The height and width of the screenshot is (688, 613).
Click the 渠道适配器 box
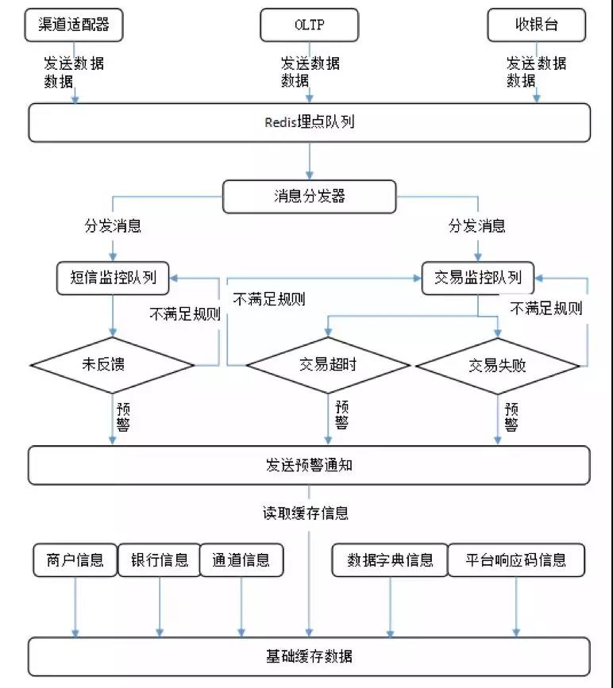pyautogui.click(x=74, y=25)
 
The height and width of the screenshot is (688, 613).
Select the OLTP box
pyautogui.click(x=309, y=25)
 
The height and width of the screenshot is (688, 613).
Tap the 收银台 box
pyautogui.click(x=537, y=25)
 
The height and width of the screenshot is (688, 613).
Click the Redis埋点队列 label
pyautogui.click(x=309, y=122)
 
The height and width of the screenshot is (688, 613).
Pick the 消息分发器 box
pyautogui.click(x=309, y=196)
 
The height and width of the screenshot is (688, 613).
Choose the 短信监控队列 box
pyautogui.click(x=113, y=279)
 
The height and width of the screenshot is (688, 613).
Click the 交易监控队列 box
pyautogui.click(x=478, y=279)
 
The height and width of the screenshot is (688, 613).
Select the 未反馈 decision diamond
pyautogui.click(x=113, y=365)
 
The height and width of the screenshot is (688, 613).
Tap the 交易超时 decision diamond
pyautogui.click(x=328, y=365)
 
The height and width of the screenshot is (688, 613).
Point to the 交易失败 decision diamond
pyautogui.click(x=498, y=366)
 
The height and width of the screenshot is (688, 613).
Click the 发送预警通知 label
pyautogui.click(x=309, y=465)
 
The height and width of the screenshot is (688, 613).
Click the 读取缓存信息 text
pyautogui.click(x=306, y=513)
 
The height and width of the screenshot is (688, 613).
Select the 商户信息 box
pyautogui.click(x=75, y=560)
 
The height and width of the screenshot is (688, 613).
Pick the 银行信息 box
pyautogui.click(x=160, y=560)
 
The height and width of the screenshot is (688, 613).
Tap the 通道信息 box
pyautogui.click(x=241, y=560)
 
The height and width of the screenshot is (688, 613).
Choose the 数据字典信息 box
pyautogui.click(x=390, y=560)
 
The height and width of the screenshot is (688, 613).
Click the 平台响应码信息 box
pyautogui.click(x=516, y=560)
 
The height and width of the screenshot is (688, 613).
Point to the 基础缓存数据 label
pyautogui.click(x=309, y=656)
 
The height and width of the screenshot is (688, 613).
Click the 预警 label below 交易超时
pyautogui.click(x=342, y=415)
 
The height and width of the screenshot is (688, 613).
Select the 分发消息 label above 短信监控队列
pyautogui.click(x=113, y=226)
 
